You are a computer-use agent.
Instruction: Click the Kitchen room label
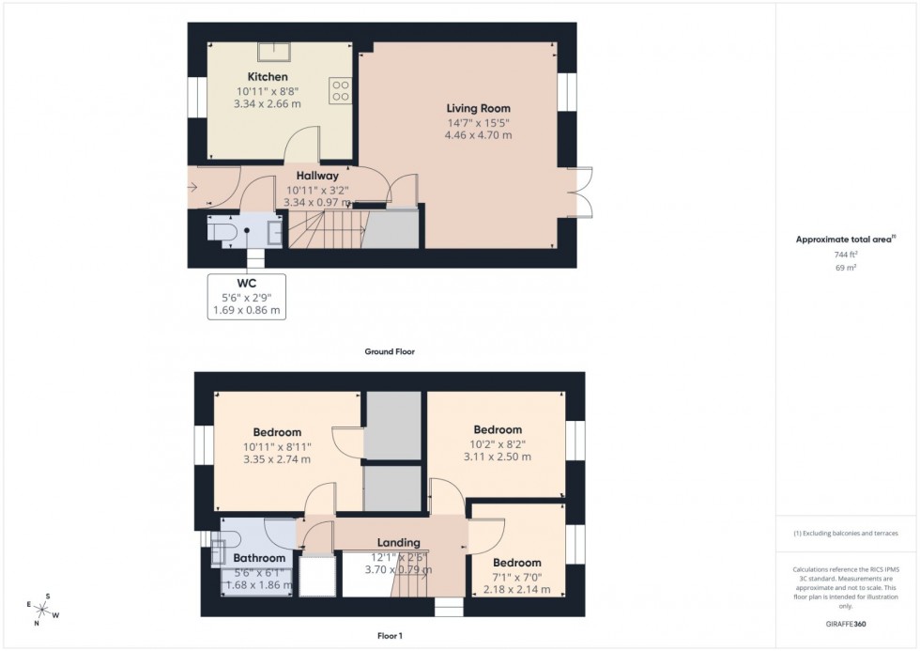click(268, 76)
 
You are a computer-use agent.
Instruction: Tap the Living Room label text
click(478, 108)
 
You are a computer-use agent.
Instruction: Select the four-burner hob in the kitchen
click(340, 89)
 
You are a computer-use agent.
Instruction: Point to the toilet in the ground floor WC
click(221, 232)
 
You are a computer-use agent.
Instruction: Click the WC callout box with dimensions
click(248, 296)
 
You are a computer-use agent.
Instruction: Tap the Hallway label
click(317, 175)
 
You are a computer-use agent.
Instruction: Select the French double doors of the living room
click(579, 193)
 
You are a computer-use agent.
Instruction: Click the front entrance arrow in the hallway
click(194, 186)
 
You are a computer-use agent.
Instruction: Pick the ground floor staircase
click(324, 228)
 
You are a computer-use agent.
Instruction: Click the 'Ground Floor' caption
click(390, 351)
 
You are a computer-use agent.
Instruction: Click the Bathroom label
click(259, 558)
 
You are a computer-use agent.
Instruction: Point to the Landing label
click(398, 542)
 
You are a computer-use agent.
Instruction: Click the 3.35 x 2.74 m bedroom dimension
click(276, 459)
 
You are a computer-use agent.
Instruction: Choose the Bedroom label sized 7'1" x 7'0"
click(517, 563)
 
